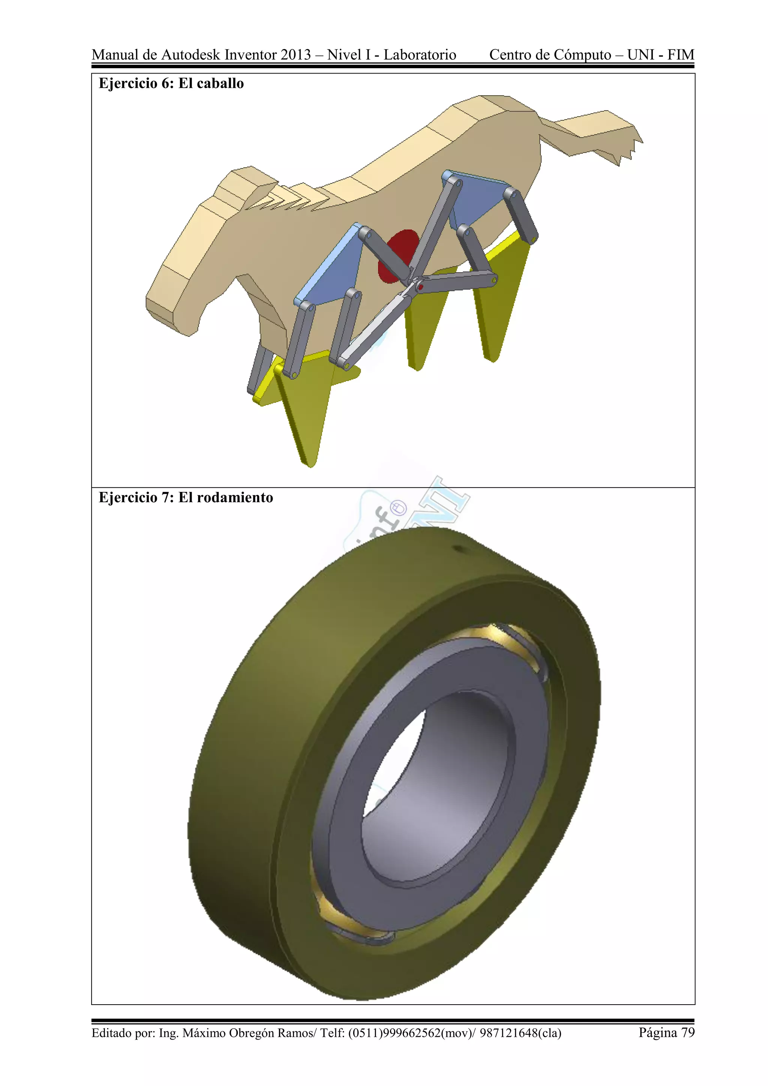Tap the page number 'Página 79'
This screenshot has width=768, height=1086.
(666, 1032)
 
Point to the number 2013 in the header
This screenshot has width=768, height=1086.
(295, 55)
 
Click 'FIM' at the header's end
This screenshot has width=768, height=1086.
(681, 55)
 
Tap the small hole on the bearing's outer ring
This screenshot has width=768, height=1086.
(458, 549)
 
